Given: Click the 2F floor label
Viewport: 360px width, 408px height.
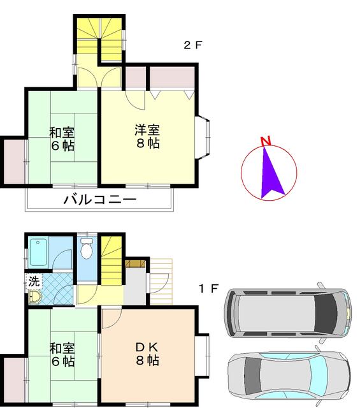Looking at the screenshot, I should point(192,45).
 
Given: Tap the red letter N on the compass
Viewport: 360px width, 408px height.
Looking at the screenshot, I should point(266,142).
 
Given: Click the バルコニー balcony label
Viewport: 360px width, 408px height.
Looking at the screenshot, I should point(100,200).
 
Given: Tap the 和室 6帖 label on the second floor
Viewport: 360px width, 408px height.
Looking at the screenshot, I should point(62,139).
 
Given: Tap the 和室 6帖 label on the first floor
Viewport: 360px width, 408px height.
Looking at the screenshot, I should point(62,354).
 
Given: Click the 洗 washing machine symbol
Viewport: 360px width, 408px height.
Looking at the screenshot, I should point(32,281).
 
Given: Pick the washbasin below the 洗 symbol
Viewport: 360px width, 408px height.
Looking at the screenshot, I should point(35,296).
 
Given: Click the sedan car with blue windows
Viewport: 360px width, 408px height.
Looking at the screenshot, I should point(288,375).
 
